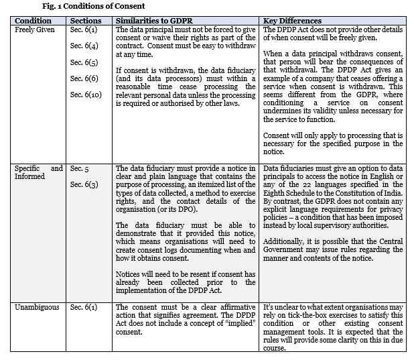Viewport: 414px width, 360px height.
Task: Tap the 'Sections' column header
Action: pyautogui.click(x=86, y=21)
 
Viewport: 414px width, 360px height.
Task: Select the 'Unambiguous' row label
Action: pyautogui.click(x=35, y=307)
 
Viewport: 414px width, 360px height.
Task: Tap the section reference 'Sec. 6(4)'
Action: pyautogui.click(x=84, y=46)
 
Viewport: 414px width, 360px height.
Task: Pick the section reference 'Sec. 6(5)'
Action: pyautogui.click(x=84, y=62)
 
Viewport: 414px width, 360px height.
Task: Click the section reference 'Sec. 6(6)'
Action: pyautogui.click(x=84, y=78)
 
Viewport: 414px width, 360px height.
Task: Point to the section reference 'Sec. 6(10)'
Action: pyautogui.click(x=86, y=95)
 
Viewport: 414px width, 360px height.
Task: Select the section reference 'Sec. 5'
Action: pyautogui.click(x=80, y=168)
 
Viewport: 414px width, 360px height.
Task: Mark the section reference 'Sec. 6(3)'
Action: pyautogui.click(x=84, y=184)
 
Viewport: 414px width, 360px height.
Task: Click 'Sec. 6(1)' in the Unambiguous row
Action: pyautogui.click(x=84, y=307)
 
